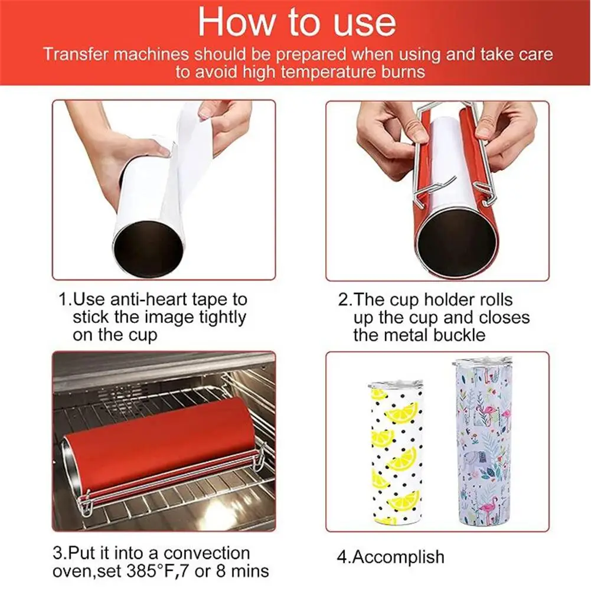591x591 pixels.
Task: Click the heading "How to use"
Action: pyautogui.click(x=297, y=22)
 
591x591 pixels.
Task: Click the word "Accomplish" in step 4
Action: pyautogui.click(x=399, y=557)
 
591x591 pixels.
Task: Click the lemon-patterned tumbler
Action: pyautogui.click(x=394, y=453)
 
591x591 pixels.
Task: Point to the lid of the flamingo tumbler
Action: pyautogui.click(x=479, y=364)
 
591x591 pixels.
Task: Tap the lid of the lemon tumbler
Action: pyautogui.click(x=395, y=386)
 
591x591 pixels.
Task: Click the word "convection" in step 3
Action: pyautogui.click(x=207, y=553)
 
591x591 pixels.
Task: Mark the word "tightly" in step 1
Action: pyautogui.click(x=223, y=318)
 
